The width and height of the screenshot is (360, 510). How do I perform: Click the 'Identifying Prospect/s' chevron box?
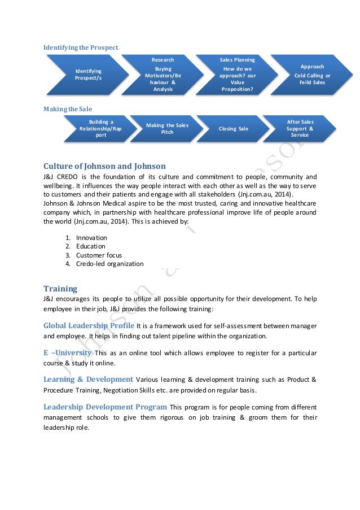88,74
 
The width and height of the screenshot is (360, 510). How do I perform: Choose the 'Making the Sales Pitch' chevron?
168,128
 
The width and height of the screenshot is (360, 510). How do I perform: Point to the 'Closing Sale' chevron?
234,128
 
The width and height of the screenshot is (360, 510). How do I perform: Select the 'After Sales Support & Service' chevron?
300,128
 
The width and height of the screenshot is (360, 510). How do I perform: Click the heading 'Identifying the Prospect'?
81,47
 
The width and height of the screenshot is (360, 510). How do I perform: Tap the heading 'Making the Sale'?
68,108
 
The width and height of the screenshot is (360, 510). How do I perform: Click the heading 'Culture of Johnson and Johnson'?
104,166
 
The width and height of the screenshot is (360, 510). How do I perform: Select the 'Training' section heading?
60,289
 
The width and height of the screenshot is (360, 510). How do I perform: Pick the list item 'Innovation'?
91,238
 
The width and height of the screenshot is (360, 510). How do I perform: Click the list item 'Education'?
90,246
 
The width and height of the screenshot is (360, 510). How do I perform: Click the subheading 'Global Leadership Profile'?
89,325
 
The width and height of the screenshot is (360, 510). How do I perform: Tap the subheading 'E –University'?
67,352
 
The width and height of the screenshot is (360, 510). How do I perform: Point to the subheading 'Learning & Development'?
88,379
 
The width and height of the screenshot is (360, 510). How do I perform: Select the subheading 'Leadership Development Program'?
105,407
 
